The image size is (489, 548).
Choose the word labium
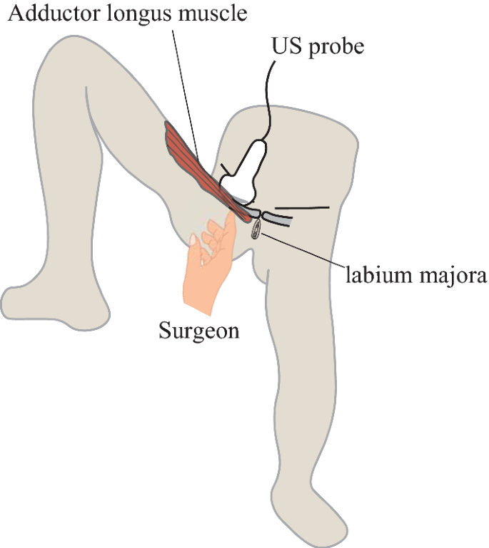373,274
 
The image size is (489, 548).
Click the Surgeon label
198,331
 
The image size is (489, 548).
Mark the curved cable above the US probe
271,93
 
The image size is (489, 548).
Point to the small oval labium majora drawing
256,229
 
